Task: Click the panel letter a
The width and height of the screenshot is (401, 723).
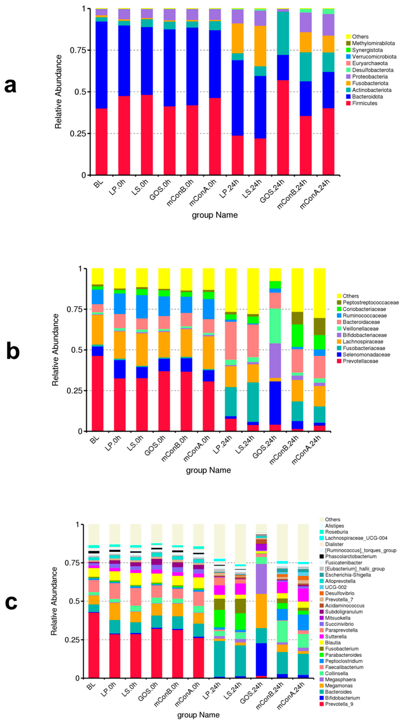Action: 10,86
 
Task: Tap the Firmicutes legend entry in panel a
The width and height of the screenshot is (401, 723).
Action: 364,103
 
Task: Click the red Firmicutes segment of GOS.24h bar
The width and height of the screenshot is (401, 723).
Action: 283,128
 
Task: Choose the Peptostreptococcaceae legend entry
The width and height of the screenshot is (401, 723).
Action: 370,302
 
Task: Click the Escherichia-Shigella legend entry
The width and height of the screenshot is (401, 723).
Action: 348,575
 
